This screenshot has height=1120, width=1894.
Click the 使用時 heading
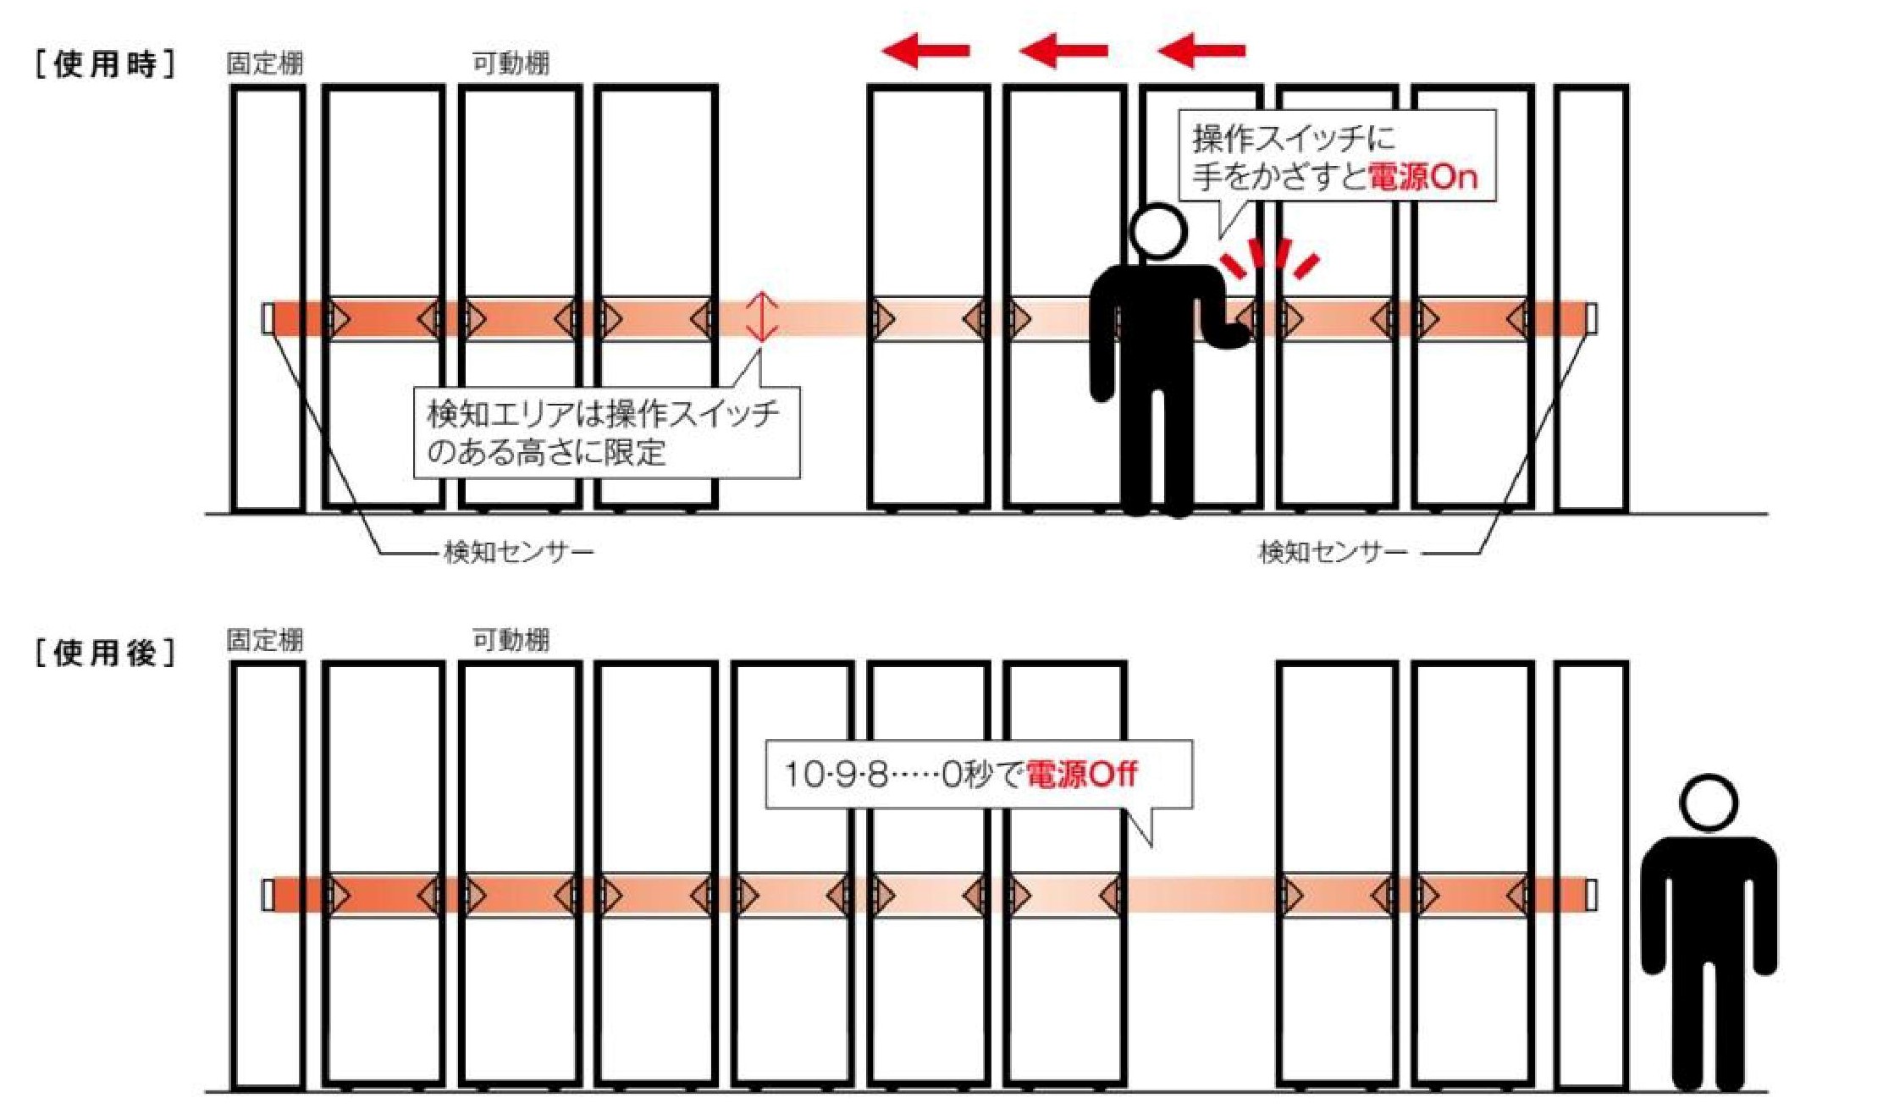tap(106, 63)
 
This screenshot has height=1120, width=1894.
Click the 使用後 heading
tap(106, 653)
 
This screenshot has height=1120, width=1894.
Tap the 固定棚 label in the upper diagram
tap(265, 63)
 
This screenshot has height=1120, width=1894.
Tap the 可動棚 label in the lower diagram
tap(511, 639)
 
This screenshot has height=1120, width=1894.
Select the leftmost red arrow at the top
tap(925, 51)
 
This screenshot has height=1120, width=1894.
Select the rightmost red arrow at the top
tap(1201, 51)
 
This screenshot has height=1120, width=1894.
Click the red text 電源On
tap(1423, 177)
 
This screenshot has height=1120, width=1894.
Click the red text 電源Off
tap(1081, 774)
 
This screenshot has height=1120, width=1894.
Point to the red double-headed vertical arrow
tap(762, 317)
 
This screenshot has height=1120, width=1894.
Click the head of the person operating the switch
tap(1157, 230)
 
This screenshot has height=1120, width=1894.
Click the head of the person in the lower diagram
tap(1709, 803)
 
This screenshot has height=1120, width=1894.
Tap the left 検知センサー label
tap(518, 553)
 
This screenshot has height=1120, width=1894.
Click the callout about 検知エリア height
tap(606, 433)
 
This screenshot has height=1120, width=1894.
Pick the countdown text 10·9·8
tap(836, 775)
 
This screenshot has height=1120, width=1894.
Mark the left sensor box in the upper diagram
tap(268, 318)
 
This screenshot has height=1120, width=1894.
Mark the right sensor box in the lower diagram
tap(1591, 895)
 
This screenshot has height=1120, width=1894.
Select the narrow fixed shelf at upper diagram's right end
tap(1591, 298)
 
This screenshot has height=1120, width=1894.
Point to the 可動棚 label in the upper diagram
tap(511, 63)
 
